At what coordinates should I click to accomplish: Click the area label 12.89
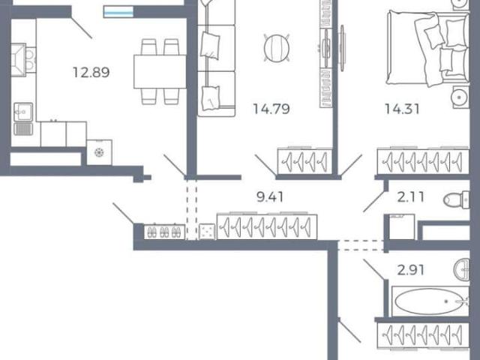pyautogui.click(x=91, y=73)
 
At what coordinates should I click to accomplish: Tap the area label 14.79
pyautogui.click(x=271, y=109)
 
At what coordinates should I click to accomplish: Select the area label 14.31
pyautogui.click(x=402, y=109)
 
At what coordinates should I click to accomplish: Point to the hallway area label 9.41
pyautogui.click(x=270, y=197)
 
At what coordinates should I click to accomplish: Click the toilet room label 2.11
pyautogui.click(x=410, y=196)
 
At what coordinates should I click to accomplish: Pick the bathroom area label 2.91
pyautogui.click(x=410, y=270)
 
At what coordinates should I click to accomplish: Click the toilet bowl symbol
pyautogui.click(x=456, y=199)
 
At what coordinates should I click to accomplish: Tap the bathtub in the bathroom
pyautogui.click(x=430, y=301)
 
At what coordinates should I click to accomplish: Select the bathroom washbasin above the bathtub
pyautogui.click(x=462, y=269)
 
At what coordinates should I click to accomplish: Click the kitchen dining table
pyautogui.click(x=160, y=72)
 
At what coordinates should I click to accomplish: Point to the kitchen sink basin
pyautogui.click(x=23, y=112)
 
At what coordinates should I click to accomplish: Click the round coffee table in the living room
pyautogui.click(x=277, y=48)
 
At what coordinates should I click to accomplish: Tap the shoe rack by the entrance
pyautogui.click(x=164, y=232)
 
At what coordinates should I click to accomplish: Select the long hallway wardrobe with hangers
pyautogui.click(x=267, y=226)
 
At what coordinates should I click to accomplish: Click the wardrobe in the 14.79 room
pyautogui.click(x=305, y=161)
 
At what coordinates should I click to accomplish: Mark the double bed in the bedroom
pyautogui.click(x=428, y=47)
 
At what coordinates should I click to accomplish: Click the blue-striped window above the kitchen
pyautogui.click(x=118, y=12)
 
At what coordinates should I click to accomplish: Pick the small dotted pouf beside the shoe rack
pyautogui.click(x=207, y=232)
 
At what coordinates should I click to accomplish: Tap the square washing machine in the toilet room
pyautogui.click(x=402, y=226)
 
